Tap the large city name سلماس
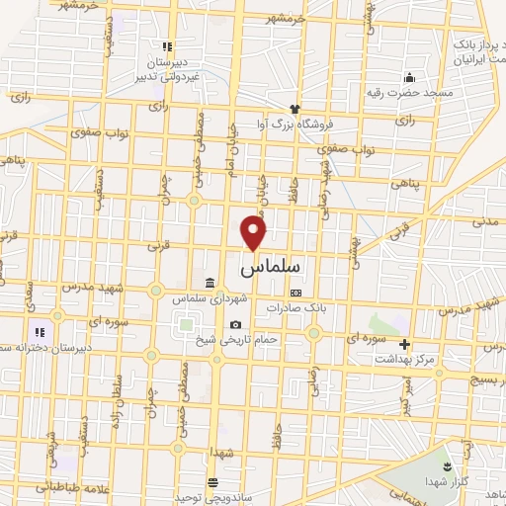click(x=271, y=267)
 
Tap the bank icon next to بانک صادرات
click(x=295, y=293)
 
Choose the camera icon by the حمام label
click(x=235, y=325)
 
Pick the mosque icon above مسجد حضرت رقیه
click(x=408, y=78)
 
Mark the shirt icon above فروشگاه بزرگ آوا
click(x=294, y=111)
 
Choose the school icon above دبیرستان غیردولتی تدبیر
click(x=168, y=45)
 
